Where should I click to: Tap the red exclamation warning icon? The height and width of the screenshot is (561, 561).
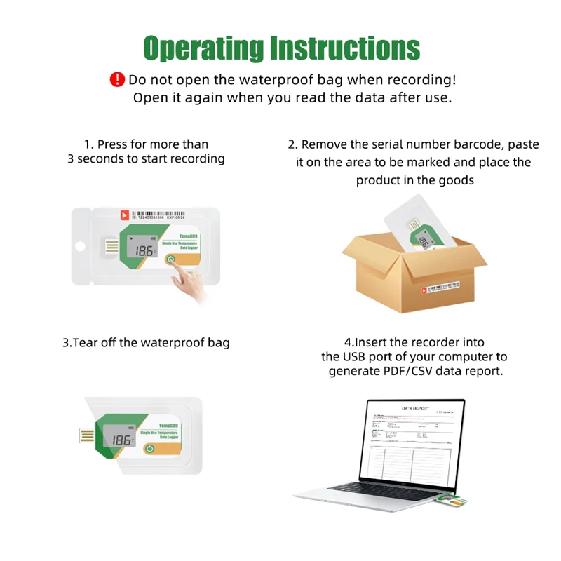(x=117, y=79)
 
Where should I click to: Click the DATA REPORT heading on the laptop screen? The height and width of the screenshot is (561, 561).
(x=417, y=407)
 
